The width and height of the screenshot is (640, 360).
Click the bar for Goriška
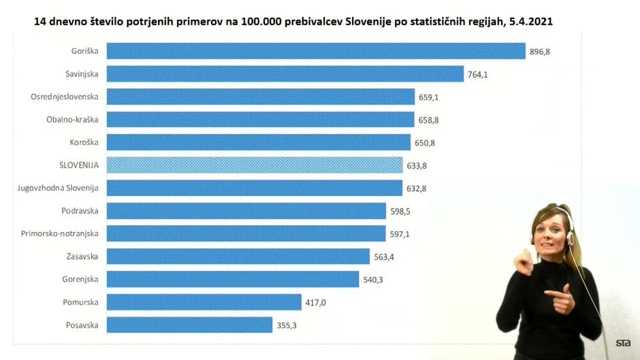pyautogui.click(x=316, y=51)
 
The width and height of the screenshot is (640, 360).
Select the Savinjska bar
pyautogui.click(x=285, y=74)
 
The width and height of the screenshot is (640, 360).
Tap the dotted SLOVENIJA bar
pyautogui.click(x=255, y=165)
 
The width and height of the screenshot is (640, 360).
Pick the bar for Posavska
pyautogui.click(x=189, y=325)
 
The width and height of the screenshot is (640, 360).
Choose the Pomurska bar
pyautogui.click(x=204, y=302)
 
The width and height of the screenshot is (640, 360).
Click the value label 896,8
pyautogui.click(x=540, y=52)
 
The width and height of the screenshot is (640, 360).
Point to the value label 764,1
pyautogui.click(x=477, y=75)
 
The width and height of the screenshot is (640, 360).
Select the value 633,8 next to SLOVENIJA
pyautogui.click(x=417, y=166)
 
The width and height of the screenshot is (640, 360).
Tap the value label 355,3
pyautogui.click(x=287, y=326)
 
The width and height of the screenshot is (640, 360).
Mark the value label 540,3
pyautogui.click(x=373, y=280)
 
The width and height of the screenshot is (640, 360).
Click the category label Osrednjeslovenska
pyautogui.click(x=64, y=97)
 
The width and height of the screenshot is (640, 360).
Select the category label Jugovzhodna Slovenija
pyautogui.click(x=58, y=188)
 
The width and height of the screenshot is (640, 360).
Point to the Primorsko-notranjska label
pyautogui.click(x=59, y=233)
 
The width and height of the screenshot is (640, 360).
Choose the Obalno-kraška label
pyautogui.click(x=72, y=120)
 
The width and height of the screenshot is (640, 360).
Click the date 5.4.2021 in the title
pyautogui.click(x=531, y=22)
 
